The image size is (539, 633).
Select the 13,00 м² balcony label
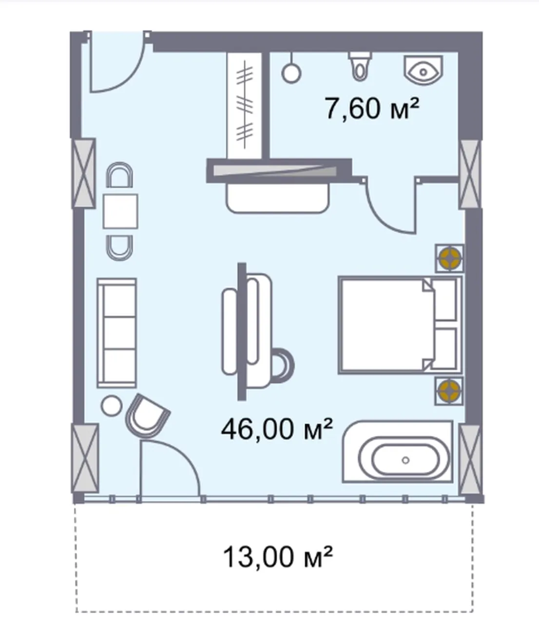(x=277, y=557)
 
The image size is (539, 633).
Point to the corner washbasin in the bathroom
(x=423, y=70)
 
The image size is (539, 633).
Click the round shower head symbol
(x=291, y=73)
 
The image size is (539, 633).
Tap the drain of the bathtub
(x=405, y=460)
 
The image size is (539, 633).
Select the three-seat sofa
(x=116, y=333)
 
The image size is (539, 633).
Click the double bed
(x=400, y=325)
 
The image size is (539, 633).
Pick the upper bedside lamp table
(x=449, y=259)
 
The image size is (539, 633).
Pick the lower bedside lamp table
(x=449, y=391)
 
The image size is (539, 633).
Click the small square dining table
(x=120, y=211)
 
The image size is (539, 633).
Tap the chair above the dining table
(x=119, y=174)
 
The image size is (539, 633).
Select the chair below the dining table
(x=119, y=248)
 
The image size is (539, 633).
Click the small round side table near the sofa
(x=112, y=406)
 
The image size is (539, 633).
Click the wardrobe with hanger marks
(x=244, y=105)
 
